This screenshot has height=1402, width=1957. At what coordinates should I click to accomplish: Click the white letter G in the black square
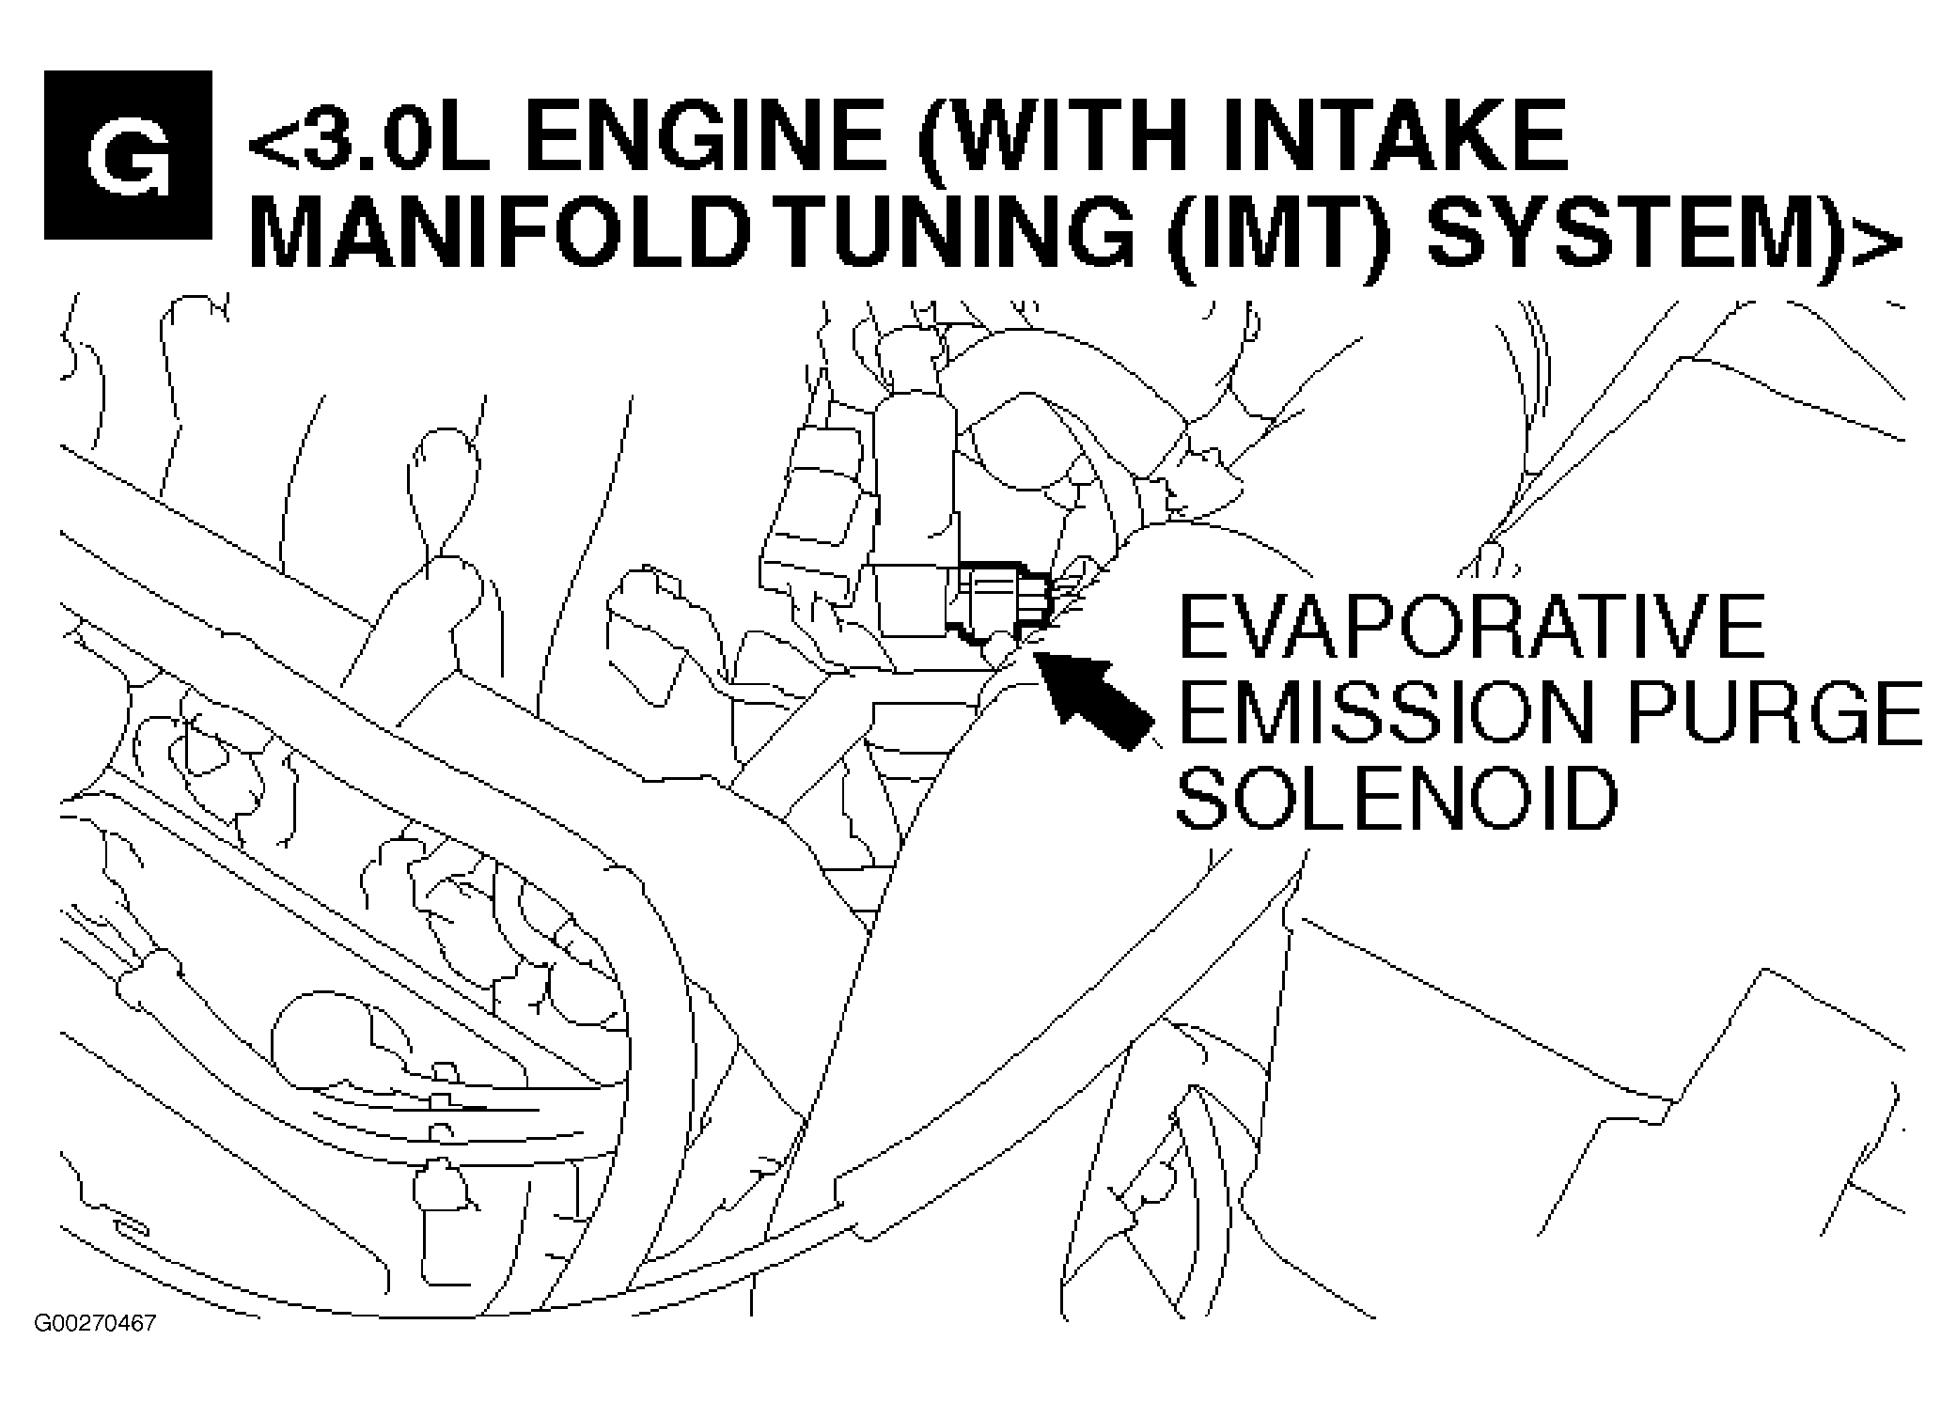(x=128, y=155)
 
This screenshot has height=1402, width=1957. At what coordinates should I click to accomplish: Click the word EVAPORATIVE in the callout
(x=1470, y=627)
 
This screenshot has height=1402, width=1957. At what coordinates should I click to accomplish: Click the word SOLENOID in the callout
(x=1397, y=798)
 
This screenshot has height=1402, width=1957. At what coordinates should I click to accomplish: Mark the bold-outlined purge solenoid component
(x=1001, y=601)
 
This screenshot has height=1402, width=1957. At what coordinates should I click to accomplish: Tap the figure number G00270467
(x=95, y=1324)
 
